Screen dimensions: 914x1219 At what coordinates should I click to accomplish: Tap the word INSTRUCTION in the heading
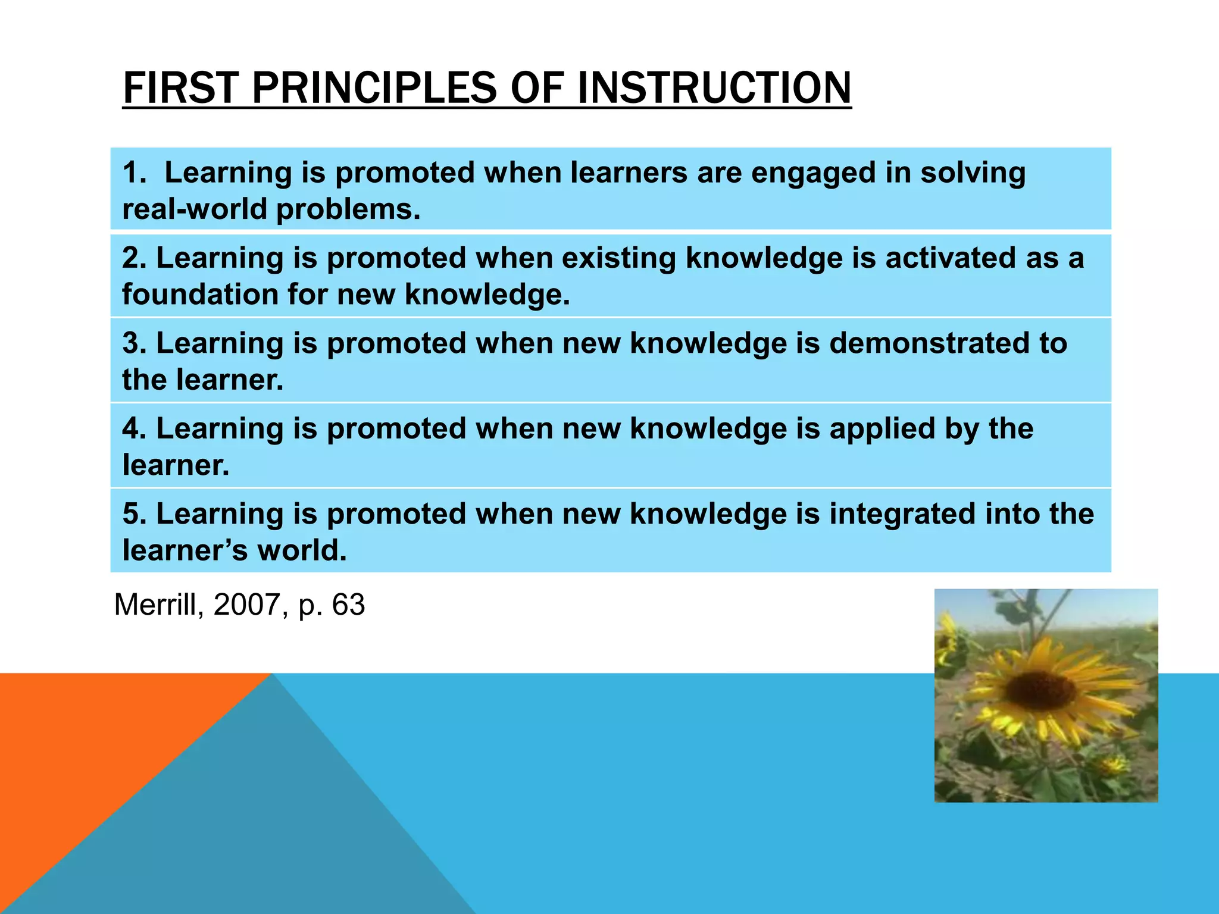click(x=714, y=88)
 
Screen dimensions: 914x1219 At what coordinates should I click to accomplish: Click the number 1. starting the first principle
click(x=134, y=173)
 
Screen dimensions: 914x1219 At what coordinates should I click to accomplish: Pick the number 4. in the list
click(x=134, y=428)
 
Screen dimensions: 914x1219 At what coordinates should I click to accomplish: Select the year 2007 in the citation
click(x=246, y=605)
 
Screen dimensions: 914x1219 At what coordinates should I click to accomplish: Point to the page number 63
click(x=348, y=605)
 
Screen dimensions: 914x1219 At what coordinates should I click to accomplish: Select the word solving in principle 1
click(x=973, y=174)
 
